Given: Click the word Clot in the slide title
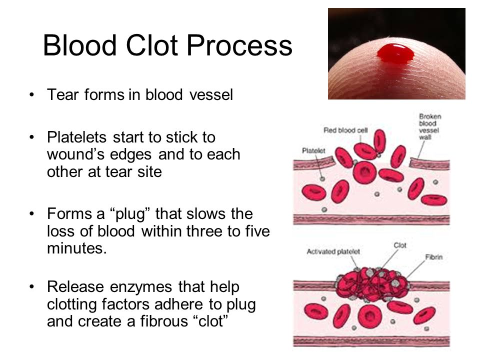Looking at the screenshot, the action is point(152,45).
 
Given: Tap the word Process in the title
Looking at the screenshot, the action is point(239,45).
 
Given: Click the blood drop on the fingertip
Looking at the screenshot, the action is point(395,54).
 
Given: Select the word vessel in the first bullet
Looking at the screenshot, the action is point(211,94).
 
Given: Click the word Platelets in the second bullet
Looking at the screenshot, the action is point(77,137).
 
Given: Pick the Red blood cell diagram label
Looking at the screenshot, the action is point(345,130).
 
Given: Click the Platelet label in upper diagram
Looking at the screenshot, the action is point(313,150).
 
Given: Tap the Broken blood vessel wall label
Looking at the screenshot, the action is point(430,126).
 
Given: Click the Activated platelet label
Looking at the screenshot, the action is point(333,251).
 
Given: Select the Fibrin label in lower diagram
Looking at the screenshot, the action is point(434,257).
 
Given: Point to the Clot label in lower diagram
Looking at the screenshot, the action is point(400,245).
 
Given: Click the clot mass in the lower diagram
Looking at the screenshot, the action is point(372,284).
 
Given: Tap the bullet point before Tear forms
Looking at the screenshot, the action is point(31,94).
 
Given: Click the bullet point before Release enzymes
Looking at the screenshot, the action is point(31,287).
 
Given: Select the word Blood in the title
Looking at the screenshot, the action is point(80,45).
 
